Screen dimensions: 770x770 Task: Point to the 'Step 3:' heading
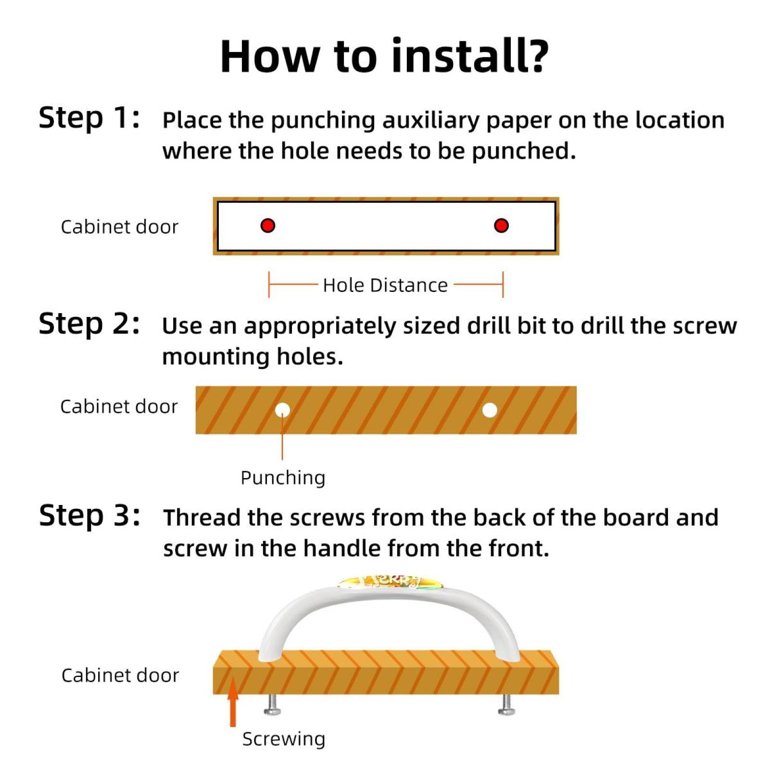[x=89, y=516]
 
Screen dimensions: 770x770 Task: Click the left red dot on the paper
[x=267, y=225]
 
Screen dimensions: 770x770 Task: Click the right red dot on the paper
[x=501, y=225]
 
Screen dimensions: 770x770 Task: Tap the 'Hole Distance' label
[x=385, y=285]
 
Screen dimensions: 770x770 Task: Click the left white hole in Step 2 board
[x=282, y=410]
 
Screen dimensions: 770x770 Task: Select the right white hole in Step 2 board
[x=490, y=410]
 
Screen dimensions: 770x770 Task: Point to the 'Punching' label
[x=283, y=478]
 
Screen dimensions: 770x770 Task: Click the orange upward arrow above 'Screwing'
[x=233, y=702]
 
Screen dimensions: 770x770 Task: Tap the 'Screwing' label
[x=284, y=739]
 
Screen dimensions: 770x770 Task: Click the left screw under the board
[x=272, y=705]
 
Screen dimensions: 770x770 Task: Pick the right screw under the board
[x=506, y=705]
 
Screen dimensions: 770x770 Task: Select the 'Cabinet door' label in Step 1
[x=119, y=227]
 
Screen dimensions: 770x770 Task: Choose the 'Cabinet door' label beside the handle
[x=120, y=675]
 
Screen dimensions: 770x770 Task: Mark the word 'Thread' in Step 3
[x=202, y=518]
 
